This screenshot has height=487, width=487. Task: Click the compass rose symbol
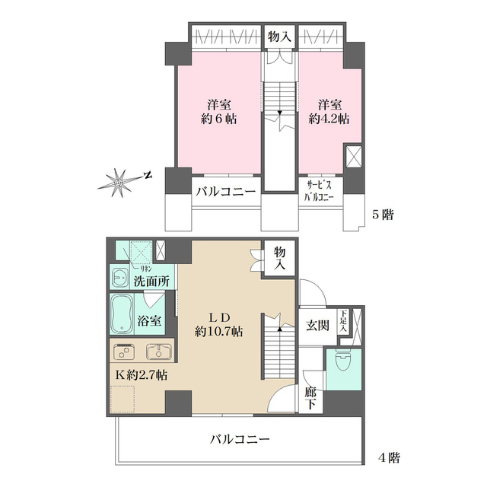[x=123, y=180]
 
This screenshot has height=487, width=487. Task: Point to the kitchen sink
[x=158, y=352]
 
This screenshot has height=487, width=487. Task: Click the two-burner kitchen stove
[x=124, y=352]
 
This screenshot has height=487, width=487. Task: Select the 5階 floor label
[x=382, y=215]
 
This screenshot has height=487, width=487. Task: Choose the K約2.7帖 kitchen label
[x=142, y=375]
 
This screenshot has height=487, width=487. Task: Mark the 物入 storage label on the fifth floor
[x=279, y=37]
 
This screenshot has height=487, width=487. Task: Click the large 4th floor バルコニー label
[x=242, y=439]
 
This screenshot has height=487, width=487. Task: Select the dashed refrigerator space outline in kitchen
[x=123, y=398]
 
